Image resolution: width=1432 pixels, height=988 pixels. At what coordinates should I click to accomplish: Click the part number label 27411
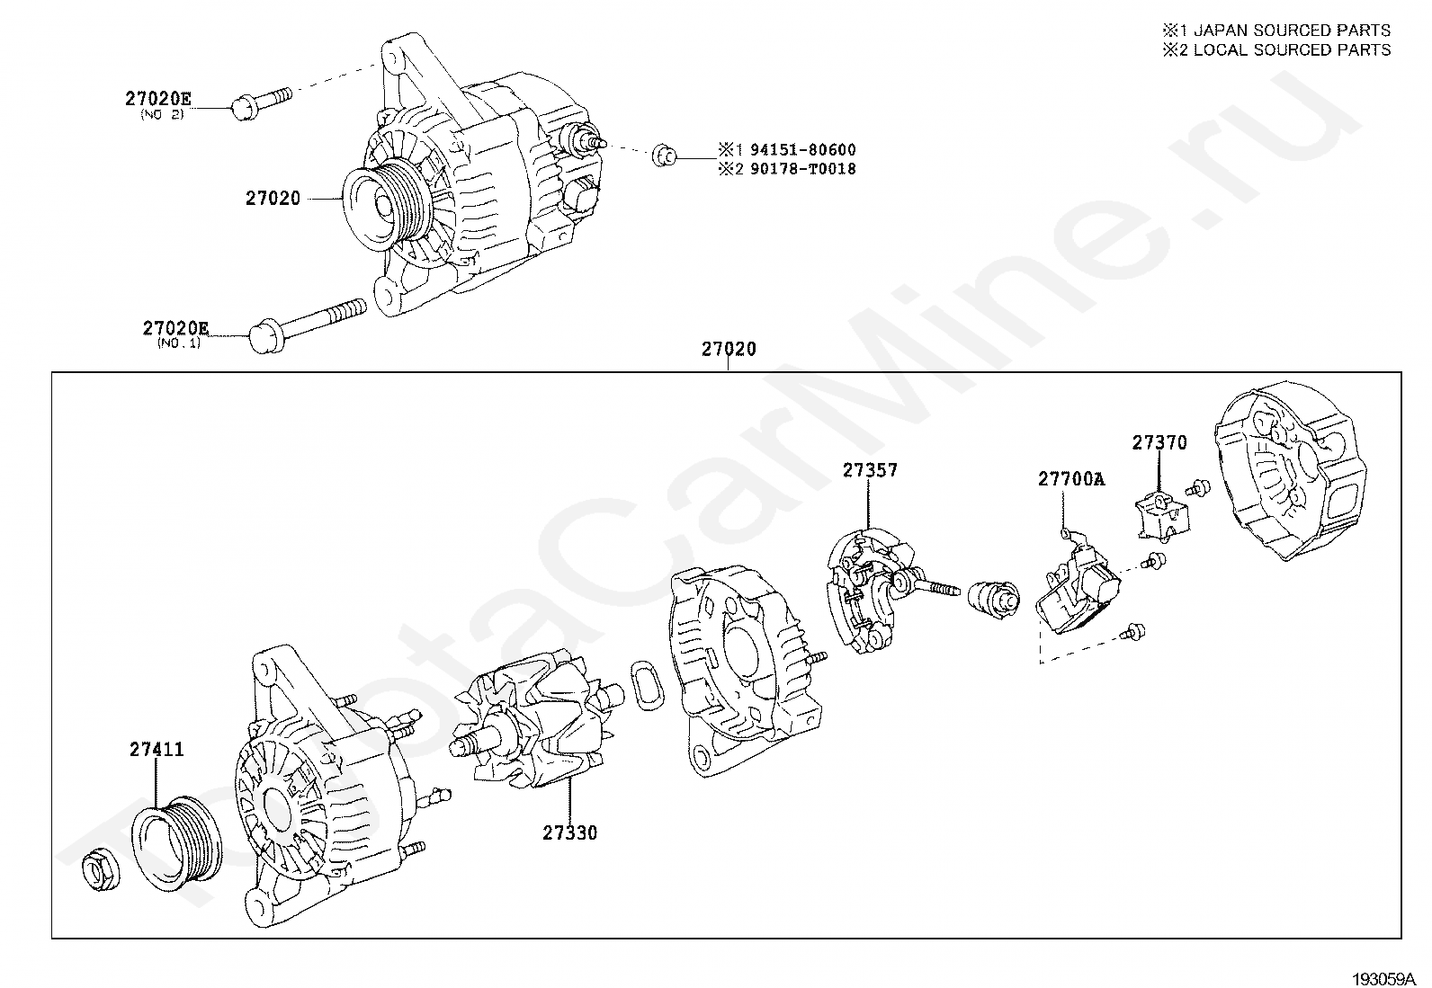tap(157, 749)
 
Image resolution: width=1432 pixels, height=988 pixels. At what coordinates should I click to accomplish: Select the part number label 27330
tap(569, 833)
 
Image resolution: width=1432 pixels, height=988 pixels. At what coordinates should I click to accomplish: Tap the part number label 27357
tap(870, 470)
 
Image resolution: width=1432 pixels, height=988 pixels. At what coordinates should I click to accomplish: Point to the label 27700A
tap(1071, 478)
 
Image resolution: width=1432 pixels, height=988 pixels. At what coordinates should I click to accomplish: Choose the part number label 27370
tap(1159, 442)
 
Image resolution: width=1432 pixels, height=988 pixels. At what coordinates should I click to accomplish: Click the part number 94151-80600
tap(803, 149)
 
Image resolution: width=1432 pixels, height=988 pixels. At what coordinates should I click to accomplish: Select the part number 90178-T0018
tap(803, 169)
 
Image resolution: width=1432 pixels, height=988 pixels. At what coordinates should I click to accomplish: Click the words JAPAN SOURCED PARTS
tap(1292, 30)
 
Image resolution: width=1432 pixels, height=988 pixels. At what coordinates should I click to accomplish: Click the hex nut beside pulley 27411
tap(102, 868)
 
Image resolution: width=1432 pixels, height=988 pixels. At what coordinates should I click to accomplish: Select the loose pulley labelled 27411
tap(176, 843)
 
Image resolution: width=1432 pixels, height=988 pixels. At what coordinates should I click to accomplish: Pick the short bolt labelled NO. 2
tap(260, 103)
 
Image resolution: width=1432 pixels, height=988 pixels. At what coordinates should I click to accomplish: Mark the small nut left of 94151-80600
tap(664, 156)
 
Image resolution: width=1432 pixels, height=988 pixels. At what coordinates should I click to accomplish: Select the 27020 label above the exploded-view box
tap(729, 349)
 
